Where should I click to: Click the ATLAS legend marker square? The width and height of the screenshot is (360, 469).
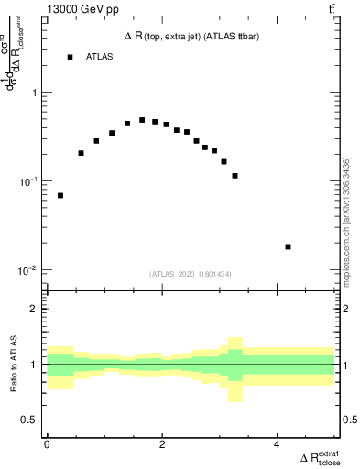point(70,57)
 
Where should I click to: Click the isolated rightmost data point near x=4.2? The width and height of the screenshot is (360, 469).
point(288,246)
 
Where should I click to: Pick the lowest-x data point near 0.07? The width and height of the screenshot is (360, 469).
point(60,195)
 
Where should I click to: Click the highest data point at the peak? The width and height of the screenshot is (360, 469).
point(142,120)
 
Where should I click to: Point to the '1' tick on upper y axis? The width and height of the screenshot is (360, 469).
point(34,93)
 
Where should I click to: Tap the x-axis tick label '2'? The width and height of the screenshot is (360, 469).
point(162,446)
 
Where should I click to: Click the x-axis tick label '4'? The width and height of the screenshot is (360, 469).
point(277,446)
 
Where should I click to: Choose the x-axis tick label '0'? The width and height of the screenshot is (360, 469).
point(47,446)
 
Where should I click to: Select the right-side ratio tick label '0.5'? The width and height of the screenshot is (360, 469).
point(348,420)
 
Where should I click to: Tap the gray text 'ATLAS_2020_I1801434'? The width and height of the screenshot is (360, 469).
point(191,274)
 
